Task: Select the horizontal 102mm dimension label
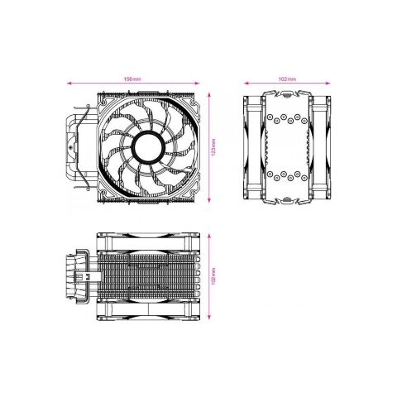(287, 79)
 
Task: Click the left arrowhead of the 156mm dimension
(69, 84)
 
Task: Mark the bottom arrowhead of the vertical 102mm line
(211, 315)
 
